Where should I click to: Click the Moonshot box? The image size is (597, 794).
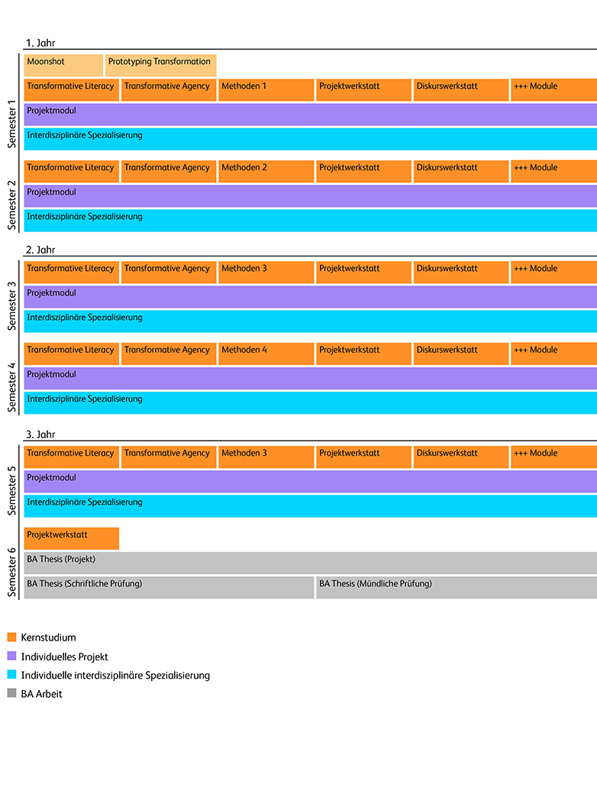pos(63,65)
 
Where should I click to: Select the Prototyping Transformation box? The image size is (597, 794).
pos(160,65)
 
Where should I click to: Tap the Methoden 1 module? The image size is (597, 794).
pos(266,89)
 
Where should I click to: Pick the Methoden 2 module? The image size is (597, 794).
pos(266,171)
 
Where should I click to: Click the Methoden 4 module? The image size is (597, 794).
pos(266,353)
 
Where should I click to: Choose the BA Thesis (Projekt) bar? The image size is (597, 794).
pos(310,563)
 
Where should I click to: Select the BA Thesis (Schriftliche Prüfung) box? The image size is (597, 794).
pos(169,587)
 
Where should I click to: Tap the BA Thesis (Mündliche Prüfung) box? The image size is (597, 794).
pos(456,587)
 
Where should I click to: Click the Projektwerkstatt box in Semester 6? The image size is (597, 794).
pos(72,538)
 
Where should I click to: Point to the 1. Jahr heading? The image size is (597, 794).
pos(40,43)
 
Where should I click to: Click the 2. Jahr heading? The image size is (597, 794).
pos(40,250)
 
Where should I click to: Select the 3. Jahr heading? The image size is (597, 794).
pos(40,434)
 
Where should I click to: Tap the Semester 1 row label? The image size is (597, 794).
pos(11,121)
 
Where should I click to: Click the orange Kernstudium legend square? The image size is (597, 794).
pos(11,637)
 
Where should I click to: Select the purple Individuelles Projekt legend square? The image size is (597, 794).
pos(11,656)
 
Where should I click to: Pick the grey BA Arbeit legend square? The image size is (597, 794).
pos(11,693)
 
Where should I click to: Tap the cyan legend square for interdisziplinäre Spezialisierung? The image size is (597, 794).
pos(11,675)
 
